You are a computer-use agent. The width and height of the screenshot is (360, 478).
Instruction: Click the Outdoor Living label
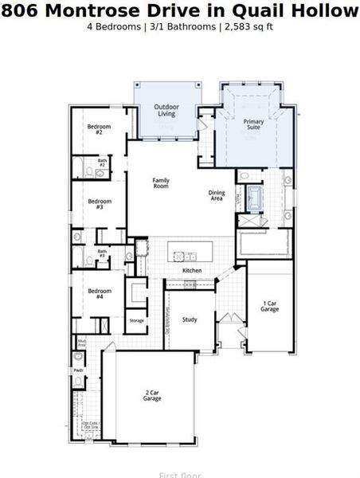pos(166,110)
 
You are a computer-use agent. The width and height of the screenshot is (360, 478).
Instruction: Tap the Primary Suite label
pos(253,123)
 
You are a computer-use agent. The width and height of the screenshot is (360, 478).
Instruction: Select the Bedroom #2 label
pos(100,129)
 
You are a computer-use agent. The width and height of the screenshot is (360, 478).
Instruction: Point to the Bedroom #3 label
pos(100,204)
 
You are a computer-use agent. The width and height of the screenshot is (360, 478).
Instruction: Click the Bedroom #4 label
pos(100,293)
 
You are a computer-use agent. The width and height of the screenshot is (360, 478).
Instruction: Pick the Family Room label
pos(161,183)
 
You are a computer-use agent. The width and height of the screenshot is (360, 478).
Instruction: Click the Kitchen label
pos(192,271)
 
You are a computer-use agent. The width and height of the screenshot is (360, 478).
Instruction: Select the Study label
pos(190,319)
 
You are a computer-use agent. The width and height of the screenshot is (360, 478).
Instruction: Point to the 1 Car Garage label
pos(270,306)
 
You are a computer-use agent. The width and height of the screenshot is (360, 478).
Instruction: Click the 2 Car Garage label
pos(152,395)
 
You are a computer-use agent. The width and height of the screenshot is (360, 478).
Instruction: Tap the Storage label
pos(137,320)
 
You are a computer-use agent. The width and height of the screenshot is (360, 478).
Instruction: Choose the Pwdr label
pos(79,370)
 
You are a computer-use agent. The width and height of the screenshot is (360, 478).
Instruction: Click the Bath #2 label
pos(103,163)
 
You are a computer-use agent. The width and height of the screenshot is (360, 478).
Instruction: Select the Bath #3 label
pos(102,253)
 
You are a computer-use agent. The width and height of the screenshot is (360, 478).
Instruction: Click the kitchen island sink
pos(190,256)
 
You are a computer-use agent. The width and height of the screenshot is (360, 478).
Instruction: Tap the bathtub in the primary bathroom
pos(254,194)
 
